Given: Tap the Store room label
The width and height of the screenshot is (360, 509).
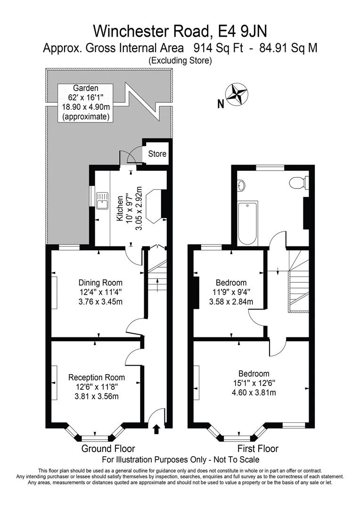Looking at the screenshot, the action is tap(157, 154).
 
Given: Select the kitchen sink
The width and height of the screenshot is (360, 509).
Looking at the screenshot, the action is tap(103, 199).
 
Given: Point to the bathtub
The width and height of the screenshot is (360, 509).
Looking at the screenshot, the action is tap(248, 223).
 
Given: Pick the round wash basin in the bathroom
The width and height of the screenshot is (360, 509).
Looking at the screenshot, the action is tap(241, 186).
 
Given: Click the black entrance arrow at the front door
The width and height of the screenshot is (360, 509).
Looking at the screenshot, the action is tap(156, 429).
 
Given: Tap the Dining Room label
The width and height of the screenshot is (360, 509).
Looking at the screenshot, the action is tap(101, 282).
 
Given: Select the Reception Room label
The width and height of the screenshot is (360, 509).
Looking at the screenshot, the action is tap(97, 377).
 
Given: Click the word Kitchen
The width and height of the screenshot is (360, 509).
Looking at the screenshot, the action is tap(120, 208).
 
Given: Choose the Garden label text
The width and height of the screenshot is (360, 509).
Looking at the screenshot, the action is tap(85, 88).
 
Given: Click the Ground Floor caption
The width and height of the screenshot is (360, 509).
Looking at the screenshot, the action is tap(108, 449).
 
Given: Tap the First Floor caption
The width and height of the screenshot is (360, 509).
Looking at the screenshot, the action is tap(258, 449).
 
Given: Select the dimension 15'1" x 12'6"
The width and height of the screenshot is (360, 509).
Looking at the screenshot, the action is tap(254, 383).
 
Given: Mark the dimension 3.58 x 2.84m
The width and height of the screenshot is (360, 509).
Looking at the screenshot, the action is tap(231, 302).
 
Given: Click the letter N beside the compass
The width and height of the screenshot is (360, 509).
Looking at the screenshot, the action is tap(221, 104).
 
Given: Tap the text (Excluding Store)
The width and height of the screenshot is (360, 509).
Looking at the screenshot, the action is tap(180, 60).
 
